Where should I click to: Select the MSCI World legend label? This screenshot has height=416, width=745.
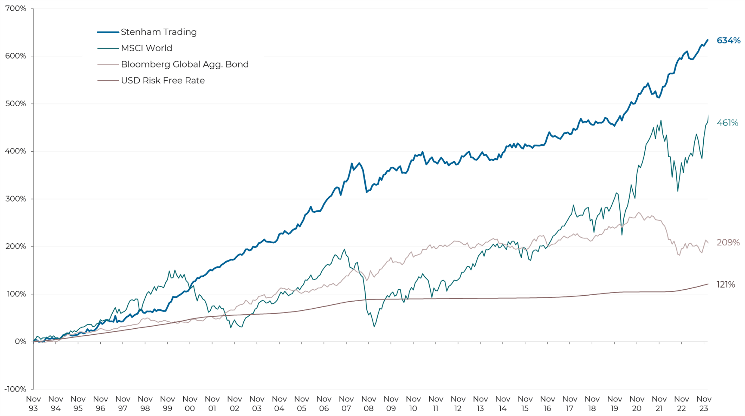(146, 48)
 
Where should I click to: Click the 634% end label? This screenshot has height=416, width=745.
(728, 40)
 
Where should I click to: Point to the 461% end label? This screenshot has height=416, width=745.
(727, 123)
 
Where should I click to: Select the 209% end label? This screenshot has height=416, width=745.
(728, 242)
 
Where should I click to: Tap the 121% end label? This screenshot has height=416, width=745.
(726, 284)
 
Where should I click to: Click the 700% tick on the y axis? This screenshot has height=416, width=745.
(15, 9)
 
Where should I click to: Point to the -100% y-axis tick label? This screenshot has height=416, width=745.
(15, 389)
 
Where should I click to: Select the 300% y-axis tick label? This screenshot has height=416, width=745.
(15, 199)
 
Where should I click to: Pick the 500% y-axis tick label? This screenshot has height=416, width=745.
(15, 104)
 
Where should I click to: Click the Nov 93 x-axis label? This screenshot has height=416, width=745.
(34, 404)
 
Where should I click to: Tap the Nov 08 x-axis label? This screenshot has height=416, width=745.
(369, 404)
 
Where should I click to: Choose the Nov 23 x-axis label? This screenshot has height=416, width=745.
(704, 404)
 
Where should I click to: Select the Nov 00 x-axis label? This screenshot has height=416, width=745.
(190, 404)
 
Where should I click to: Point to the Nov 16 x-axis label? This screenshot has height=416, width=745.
(547, 404)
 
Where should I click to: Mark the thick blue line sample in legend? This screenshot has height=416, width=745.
(108, 32)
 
